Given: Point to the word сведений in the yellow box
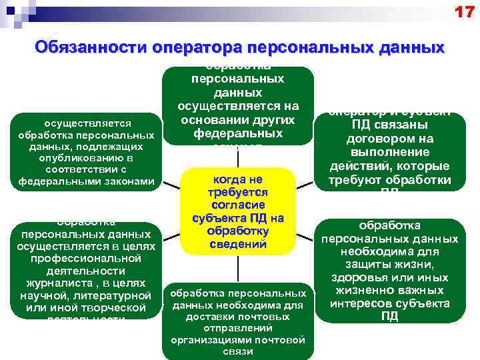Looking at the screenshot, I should click(238, 243).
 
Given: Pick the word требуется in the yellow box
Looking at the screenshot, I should click(238, 193).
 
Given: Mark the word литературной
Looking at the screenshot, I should click(113, 295).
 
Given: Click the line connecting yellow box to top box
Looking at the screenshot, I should click(238, 156).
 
